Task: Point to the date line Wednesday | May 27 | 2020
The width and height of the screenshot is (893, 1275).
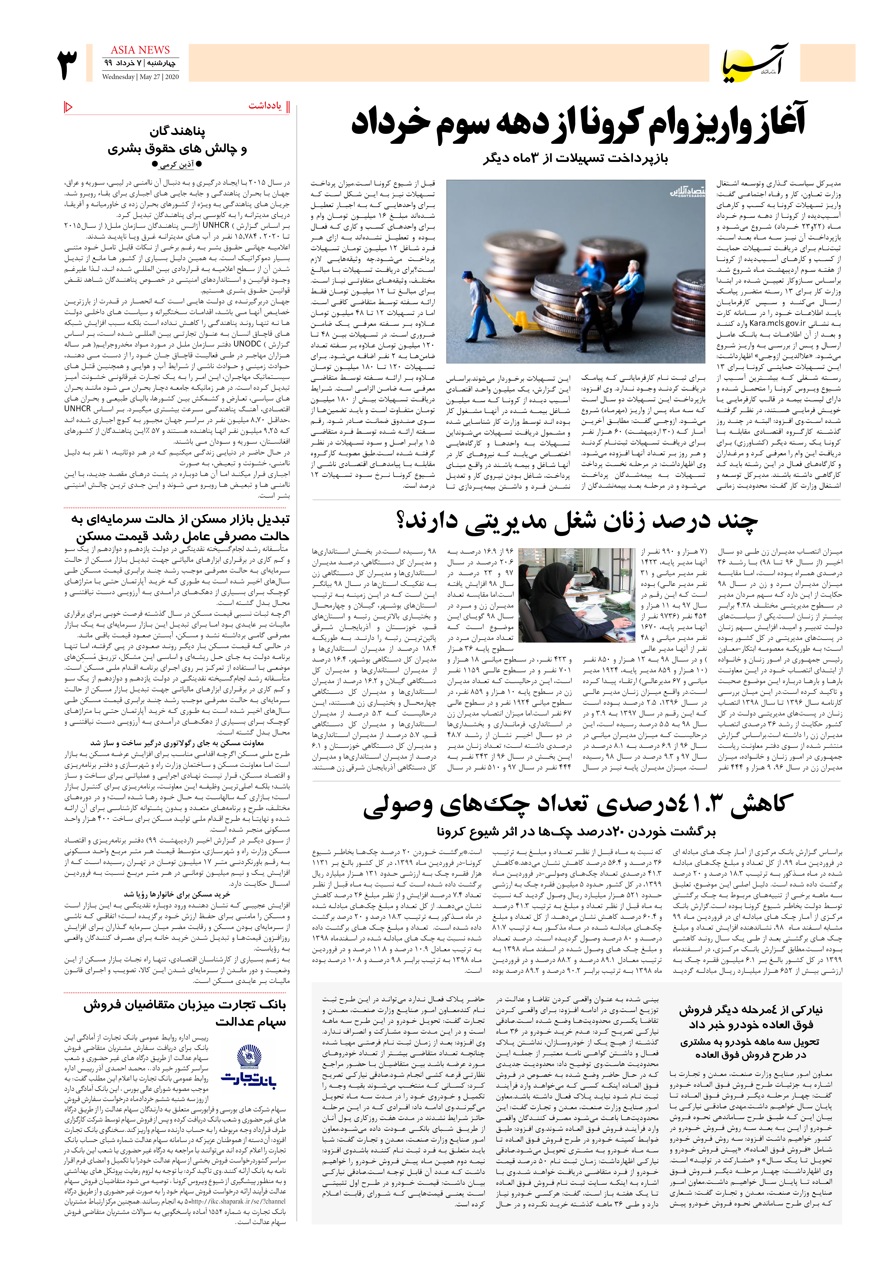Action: point(140,77)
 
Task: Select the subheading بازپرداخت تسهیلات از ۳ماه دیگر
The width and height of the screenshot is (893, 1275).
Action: point(575,158)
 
